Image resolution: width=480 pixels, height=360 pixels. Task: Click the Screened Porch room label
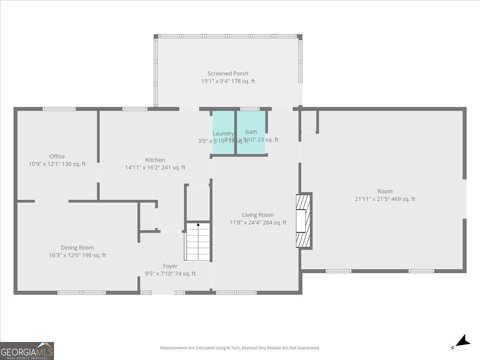[228, 74]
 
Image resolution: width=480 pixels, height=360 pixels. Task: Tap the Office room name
[57, 156]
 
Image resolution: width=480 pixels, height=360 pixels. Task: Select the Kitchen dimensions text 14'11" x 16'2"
[155, 168]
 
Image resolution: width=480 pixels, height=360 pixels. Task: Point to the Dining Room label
[77, 248]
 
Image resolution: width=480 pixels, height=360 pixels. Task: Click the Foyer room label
[170, 266]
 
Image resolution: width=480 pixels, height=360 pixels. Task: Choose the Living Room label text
[258, 215]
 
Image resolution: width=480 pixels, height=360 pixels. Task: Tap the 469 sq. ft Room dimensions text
[385, 199]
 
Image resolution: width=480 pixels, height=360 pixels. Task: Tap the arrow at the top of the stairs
[198, 225]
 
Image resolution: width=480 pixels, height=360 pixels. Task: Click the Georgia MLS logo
[27, 351]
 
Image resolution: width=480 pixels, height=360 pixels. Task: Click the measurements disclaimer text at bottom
[240, 348]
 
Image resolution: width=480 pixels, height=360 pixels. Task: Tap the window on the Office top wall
[59, 109]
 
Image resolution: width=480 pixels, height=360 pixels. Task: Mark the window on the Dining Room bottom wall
[82, 293]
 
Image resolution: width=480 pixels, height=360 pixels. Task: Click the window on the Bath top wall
[250, 109]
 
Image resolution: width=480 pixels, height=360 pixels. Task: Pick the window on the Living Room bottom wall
[236, 293]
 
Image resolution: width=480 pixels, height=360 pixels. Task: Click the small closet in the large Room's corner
[308, 121]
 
